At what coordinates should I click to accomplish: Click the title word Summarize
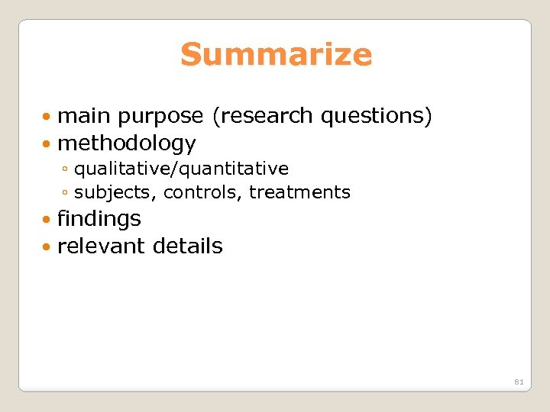(x=276, y=55)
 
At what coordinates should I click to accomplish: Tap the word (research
(x=264, y=116)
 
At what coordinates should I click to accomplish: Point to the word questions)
(x=377, y=116)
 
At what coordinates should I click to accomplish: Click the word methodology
(x=127, y=143)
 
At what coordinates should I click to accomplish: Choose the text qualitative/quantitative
(x=181, y=168)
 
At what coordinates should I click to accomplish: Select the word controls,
(x=203, y=192)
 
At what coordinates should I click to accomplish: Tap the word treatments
(x=299, y=192)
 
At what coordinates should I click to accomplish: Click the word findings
(x=99, y=219)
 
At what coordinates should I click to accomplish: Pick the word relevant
(x=102, y=246)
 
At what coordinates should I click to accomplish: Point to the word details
(x=188, y=246)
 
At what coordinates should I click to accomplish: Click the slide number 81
(x=519, y=381)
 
